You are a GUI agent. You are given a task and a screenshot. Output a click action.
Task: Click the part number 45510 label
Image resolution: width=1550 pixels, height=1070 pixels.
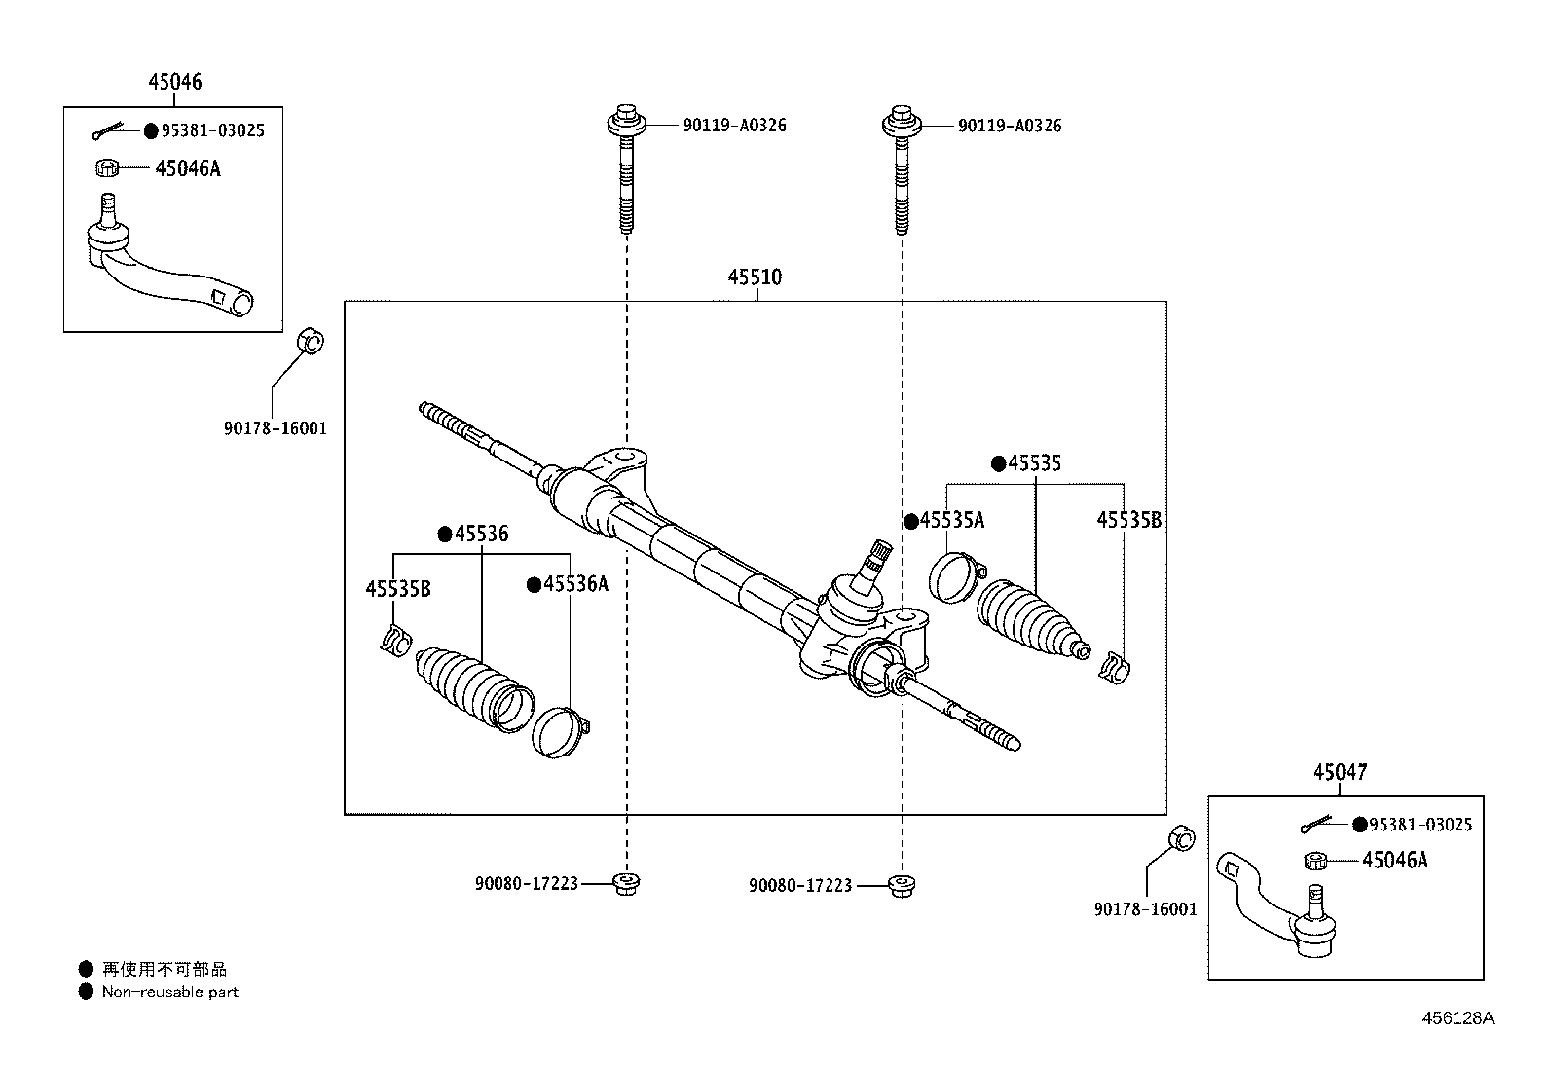point(755,277)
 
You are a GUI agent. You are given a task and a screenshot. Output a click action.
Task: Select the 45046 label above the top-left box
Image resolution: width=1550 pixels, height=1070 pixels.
point(175,82)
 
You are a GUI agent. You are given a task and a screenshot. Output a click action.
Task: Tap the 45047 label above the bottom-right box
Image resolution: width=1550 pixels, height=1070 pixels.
point(1340,773)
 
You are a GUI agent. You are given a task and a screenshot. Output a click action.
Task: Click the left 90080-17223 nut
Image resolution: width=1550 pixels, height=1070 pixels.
point(626,884)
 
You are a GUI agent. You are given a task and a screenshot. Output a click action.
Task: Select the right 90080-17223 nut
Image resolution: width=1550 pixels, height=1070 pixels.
point(902,885)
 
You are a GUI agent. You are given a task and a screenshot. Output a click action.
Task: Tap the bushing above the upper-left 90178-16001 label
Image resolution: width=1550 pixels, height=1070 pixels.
point(310,343)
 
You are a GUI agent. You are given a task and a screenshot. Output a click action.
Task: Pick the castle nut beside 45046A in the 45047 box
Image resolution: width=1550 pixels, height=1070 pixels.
point(1317,861)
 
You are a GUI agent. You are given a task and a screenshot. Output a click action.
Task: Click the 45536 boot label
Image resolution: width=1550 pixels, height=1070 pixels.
point(481,534)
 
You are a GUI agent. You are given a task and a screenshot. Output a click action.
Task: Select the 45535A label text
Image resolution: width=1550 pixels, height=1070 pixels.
point(952,521)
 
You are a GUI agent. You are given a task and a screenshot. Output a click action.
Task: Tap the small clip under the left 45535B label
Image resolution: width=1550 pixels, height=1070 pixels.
point(393,642)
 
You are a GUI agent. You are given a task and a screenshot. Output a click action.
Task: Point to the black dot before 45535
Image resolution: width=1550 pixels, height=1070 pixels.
point(998,464)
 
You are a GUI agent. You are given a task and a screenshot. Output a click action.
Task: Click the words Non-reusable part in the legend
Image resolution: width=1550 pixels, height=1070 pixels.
point(169,992)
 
